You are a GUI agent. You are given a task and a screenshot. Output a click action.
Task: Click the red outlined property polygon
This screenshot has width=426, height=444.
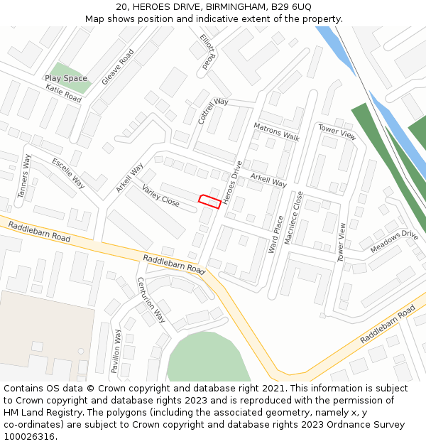click(x=209, y=200)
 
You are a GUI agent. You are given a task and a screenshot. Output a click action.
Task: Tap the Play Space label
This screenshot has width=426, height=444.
click(x=66, y=78)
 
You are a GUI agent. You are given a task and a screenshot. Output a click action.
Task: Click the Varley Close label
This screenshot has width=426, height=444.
click(x=160, y=195)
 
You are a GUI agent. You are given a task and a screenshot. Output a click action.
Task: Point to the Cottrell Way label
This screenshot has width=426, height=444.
click(x=213, y=112)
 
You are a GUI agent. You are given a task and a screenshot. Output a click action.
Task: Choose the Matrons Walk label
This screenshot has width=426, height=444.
click(x=276, y=131)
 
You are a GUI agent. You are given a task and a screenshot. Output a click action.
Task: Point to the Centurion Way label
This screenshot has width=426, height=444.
click(x=151, y=300)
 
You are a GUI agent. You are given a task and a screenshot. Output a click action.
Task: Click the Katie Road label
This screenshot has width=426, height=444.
click(x=63, y=93)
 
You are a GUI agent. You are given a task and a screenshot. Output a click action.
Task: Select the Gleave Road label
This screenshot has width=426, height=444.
click(x=118, y=67)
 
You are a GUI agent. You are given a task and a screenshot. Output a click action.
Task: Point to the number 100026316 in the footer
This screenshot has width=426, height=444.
click(x=29, y=436)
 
